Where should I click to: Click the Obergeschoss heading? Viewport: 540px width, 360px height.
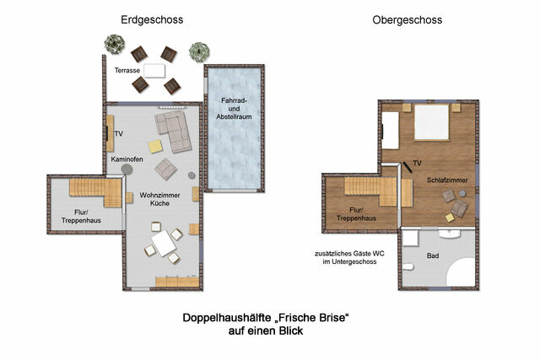pyautogui.click(x=408, y=19)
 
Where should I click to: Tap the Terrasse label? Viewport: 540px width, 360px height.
pyautogui.click(x=127, y=71)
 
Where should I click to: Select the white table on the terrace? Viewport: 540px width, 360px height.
pyautogui.click(x=154, y=71)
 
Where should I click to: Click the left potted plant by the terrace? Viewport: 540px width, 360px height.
pyautogui.click(x=114, y=43)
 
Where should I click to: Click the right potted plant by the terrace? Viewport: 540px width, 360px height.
pyautogui.click(x=199, y=51)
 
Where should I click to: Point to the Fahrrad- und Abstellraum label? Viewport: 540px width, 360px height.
pyautogui.click(x=234, y=110)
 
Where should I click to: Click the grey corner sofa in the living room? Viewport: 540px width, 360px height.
pyautogui.click(x=172, y=129)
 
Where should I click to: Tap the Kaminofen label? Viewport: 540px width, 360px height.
pyautogui.click(x=126, y=159)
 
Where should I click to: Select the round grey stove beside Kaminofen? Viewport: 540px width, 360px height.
pyautogui.click(x=127, y=169)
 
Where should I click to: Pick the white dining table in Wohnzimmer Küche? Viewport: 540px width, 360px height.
pyautogui.click(x=164, y=244)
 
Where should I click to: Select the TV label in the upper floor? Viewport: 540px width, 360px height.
pyautogui.click(x=417, y=159)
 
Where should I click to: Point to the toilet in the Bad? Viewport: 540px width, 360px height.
pyautogui.click(x=408, y=268)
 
